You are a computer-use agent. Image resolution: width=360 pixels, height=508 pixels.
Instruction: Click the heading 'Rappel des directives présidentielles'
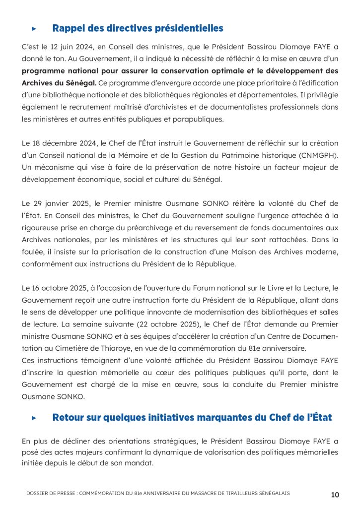(x=138, y=28)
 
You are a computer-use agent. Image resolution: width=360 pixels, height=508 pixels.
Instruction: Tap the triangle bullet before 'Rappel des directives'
(x=34, y=29)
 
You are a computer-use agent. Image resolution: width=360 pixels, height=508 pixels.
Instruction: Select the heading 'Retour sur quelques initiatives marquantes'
(x=192, y=417)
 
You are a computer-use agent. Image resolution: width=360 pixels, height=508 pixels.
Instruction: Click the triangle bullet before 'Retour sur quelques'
(x=34, y=418)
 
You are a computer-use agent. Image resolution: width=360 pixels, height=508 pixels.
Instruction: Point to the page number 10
(x=335, y=495)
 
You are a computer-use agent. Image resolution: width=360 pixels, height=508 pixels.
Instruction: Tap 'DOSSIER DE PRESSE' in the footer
(x=48, y=493)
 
